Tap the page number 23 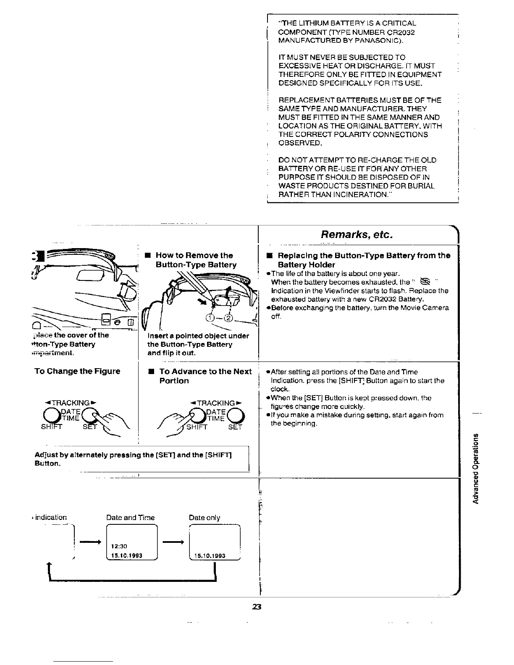click(x=257, y=607)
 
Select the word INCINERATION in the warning click(x=361, y=194)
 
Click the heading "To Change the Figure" click(x=77, y=371)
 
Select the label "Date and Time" click(x=131, y=518)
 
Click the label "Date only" click(x=205, y=518)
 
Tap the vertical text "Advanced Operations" click(x=475, y=468)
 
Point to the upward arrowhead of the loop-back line click(x=50, y=565)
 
